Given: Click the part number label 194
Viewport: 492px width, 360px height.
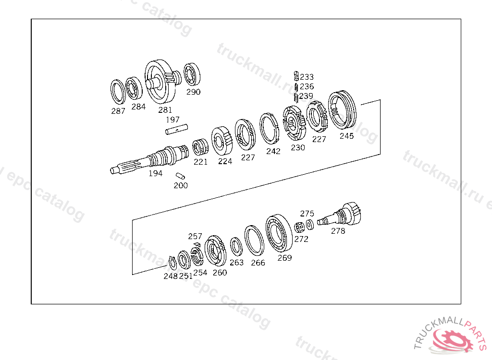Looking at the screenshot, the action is click(155, 173).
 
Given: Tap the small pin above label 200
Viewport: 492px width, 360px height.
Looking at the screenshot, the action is click(180, 176).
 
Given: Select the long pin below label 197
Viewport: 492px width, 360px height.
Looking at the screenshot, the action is click(176, 129).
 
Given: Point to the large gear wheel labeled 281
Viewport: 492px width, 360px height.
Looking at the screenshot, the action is click(160, 82).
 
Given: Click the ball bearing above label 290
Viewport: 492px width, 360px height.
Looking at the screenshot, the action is click(192, 74).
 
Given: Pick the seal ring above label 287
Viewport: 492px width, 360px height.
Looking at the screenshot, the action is click(118, 92).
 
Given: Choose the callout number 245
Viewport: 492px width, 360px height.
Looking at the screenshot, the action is click(346, 136).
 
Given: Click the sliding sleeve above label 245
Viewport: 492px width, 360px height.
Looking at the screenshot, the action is click(342, 110).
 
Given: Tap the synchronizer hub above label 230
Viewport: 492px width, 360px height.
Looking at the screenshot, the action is click(294, 123).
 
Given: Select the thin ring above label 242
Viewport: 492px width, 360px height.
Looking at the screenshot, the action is click(269, 129).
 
